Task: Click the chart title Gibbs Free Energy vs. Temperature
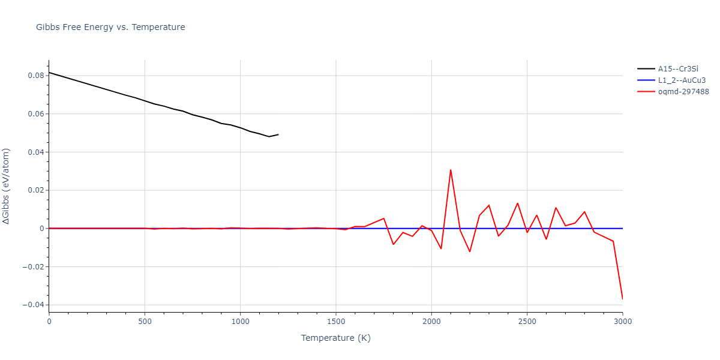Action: [x=110, y=27]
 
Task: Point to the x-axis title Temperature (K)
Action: [x=335, y=338]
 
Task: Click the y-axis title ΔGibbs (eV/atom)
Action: [x=7, y=187]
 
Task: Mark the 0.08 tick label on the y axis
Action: [x=34, y=76]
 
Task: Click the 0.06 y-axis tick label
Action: [x=34, y=114]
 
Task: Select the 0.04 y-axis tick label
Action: [x=34, y=152]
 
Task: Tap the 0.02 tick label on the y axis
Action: [x=34, y=190]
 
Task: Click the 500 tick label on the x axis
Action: [x=145, y=322]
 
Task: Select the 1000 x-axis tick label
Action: [x=240, y=322]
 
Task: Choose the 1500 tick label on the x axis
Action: [x=336, y=322]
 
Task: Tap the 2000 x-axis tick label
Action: [x=431, y=322]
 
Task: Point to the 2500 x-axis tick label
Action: [x=527, y=322]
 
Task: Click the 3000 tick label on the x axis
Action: [x=622, y=322]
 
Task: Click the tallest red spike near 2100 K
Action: [x=451, y=170]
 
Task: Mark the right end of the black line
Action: [x=278, y=134]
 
